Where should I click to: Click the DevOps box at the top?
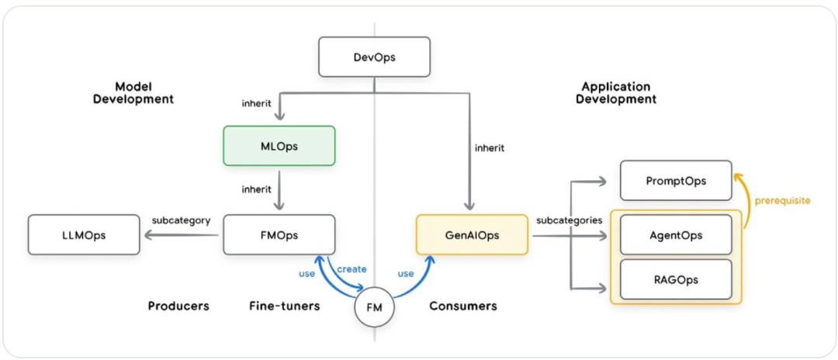374,57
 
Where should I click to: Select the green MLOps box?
279,146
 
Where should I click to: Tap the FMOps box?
279,235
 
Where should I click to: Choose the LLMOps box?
84,235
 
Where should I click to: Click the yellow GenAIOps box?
472,235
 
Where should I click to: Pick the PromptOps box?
676,180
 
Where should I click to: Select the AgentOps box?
676,235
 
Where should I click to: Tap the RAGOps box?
676,279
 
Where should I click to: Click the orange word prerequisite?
782,201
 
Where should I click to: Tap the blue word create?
351,269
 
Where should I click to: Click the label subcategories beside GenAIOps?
569,220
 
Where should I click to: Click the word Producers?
178,306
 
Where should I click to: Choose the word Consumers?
463,306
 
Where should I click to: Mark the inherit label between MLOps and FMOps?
256,189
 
